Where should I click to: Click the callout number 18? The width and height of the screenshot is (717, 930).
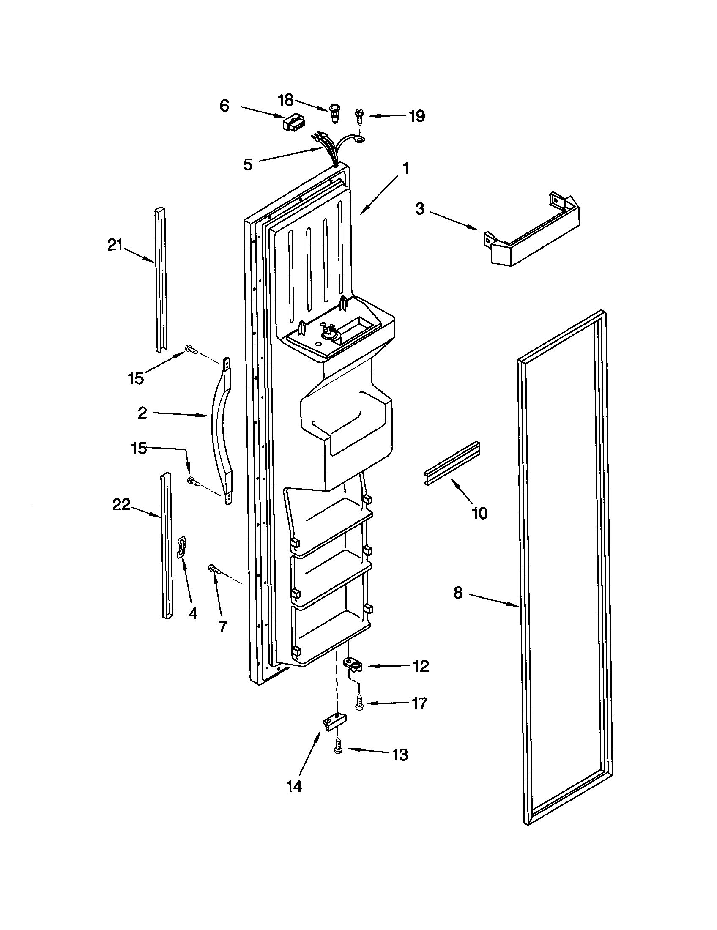tap(285, 101)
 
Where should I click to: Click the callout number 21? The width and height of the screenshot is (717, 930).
tap(115, 246)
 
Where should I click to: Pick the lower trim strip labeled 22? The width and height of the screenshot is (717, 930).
tap(167, 545)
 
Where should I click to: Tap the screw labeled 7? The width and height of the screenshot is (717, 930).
tap(214, 569)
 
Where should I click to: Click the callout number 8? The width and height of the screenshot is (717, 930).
tap(458, 592)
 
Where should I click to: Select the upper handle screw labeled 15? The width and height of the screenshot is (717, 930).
tap(191, 350)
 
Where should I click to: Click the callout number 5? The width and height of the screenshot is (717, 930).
tap(248, 164)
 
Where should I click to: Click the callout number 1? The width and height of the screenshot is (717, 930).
tap(406, 169)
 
